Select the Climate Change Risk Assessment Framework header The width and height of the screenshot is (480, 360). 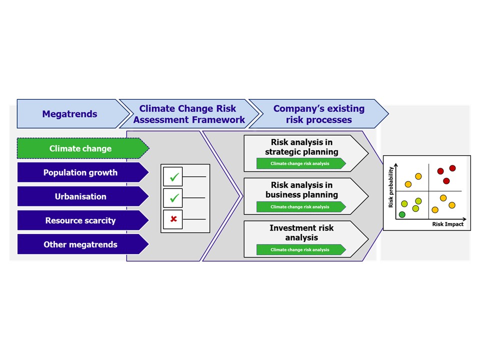(x=189, y=113)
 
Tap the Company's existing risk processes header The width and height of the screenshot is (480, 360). (x=318, y=113)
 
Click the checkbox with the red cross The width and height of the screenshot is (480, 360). (x=173, y=219)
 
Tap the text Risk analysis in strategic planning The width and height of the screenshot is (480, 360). (x=301, y=147)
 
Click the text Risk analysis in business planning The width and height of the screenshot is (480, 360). (x=301, y=190)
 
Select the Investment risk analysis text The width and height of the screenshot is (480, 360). (x=301, y=232)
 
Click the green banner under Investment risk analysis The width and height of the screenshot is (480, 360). (x=301, y=249)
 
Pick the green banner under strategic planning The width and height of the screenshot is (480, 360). (x=301, y=163)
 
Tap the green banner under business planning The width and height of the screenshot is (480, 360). (x=301, y=206)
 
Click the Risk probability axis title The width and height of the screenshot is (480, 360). (x=390, y=187)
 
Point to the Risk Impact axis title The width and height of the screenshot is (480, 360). (x=447, y=224)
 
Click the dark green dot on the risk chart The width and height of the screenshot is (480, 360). (x=402, y=214)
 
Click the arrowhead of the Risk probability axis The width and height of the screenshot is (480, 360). (x=396, y=165)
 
